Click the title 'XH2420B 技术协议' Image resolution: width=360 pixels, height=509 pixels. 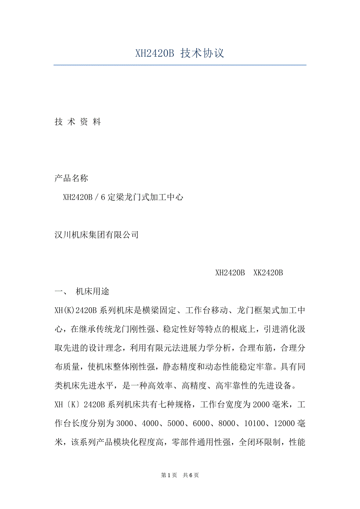click(x=180, y=53)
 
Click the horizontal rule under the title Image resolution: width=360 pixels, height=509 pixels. click(x=180, y=65)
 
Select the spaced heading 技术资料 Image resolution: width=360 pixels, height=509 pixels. click(x=78, y=122)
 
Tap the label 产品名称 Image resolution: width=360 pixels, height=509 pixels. click(x=71, y=179)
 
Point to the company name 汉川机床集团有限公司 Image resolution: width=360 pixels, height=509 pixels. click(x=96, y=235)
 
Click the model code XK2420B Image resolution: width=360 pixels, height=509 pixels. click(x=268, y=272)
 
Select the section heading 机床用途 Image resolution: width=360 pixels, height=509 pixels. click(x=92, y=291)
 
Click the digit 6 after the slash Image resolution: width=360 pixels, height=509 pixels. click(x=103, y=197)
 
